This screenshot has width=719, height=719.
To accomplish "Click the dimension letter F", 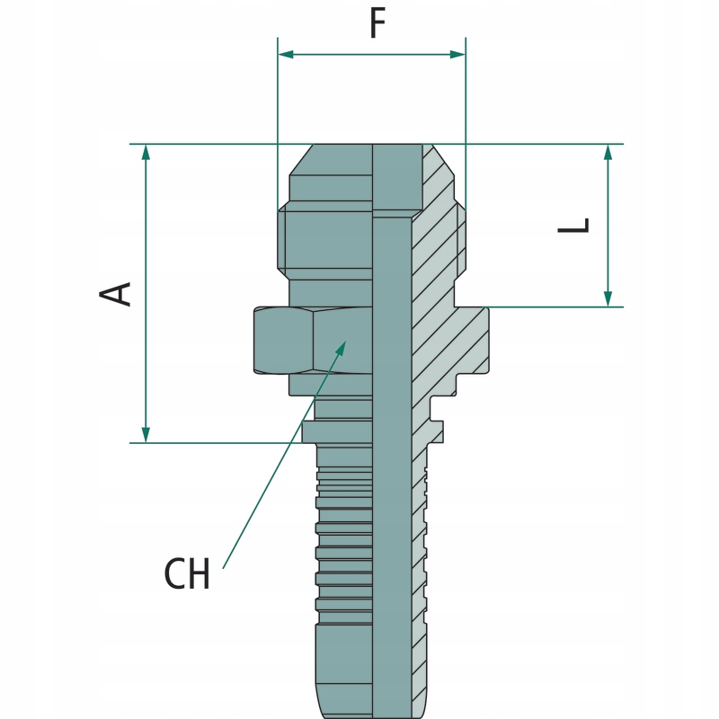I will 377,24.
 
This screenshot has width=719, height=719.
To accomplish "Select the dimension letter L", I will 573,225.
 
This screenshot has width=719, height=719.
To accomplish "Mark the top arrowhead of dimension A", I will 146,152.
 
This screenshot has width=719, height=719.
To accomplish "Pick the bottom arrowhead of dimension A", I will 146,435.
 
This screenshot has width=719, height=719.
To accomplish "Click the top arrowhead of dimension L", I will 608,152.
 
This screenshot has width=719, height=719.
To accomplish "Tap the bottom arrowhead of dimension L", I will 608,298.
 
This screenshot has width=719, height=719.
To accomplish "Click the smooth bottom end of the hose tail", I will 342,670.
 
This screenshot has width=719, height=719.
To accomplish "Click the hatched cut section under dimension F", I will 439,234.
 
